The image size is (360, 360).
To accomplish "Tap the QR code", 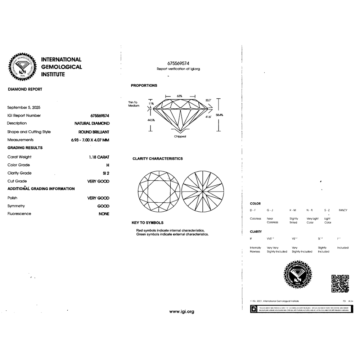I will coord(340,283).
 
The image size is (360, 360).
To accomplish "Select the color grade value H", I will coord(108,165).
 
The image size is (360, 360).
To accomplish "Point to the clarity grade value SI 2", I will coord(105,173).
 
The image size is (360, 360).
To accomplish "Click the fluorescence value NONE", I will coord(104,214).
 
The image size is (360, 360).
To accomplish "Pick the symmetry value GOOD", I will coord(103,206).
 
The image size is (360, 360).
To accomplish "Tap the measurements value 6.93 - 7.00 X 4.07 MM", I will coord(90,140).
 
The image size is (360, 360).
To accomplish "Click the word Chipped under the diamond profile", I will coord(180,136).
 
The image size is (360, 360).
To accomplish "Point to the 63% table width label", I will coord(179,96).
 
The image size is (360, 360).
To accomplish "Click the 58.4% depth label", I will coord(219,115).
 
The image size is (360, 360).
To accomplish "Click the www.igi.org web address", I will coord(181,311).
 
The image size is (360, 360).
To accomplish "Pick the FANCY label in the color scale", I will coord(343,210).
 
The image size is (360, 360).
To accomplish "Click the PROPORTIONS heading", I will coord(144,86).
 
